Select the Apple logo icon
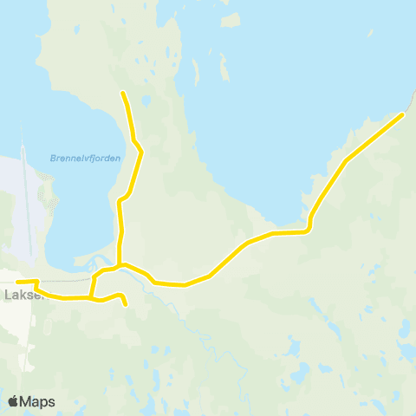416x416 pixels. [x=13, y=401]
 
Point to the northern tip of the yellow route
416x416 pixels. [x=123, y=93]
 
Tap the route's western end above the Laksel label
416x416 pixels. [x=17, y=282]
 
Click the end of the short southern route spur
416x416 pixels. [x=127, y=305]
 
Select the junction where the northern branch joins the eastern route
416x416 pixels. [x=120, y=263]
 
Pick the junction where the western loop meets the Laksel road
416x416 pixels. [x=90, y=297]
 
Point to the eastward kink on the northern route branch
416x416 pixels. [x=140, y=153]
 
